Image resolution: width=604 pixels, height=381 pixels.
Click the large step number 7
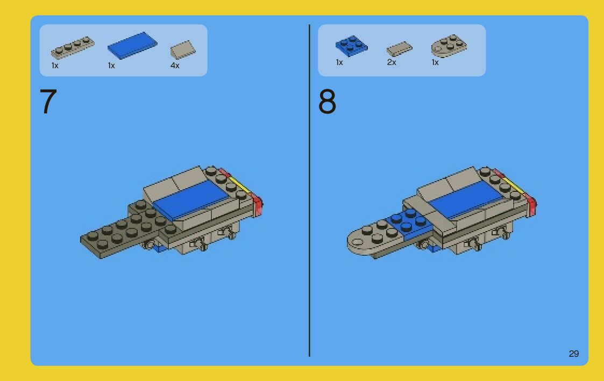pyautogui.click(x=48, y=101)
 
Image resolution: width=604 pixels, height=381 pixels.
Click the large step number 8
pyautogui.click(x=327, y=101)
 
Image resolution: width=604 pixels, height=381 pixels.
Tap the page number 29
pyautogui.click(x=573, y=354)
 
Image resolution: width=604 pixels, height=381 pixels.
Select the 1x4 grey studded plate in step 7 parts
pyautogui.click(x=73, y=47)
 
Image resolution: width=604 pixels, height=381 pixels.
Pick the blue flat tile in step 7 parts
pyautogui.click(x=132, y=46)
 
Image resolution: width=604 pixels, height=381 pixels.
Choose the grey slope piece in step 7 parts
pyautogui.click(x=183, y=50)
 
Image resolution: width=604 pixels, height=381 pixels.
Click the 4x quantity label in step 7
pyautogui.click(x=175, y=66)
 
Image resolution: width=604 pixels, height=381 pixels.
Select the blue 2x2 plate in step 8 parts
pyautogui.click(x=351, y=46)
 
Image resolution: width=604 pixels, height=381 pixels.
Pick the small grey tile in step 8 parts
pyautogui.click(x=400, y=49)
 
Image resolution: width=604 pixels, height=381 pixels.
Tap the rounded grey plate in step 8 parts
pyautogui.click(x=449, y=46)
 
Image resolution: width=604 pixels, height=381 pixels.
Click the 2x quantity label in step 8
pyautogui.click(x=392, y=62)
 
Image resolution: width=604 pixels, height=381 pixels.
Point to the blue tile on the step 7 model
pyautogui.click(x=191, y=200)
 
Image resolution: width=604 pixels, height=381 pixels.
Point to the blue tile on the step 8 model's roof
pyautogui.click(x=466, y=200)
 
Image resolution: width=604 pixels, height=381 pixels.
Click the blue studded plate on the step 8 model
pyautogui.click(x=409, y=222)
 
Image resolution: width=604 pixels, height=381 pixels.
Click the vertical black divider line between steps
pyautogui.click(x=309, y=190)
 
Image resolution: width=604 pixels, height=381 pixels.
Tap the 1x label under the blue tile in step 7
pyautogui.click(x=111, y=66)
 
